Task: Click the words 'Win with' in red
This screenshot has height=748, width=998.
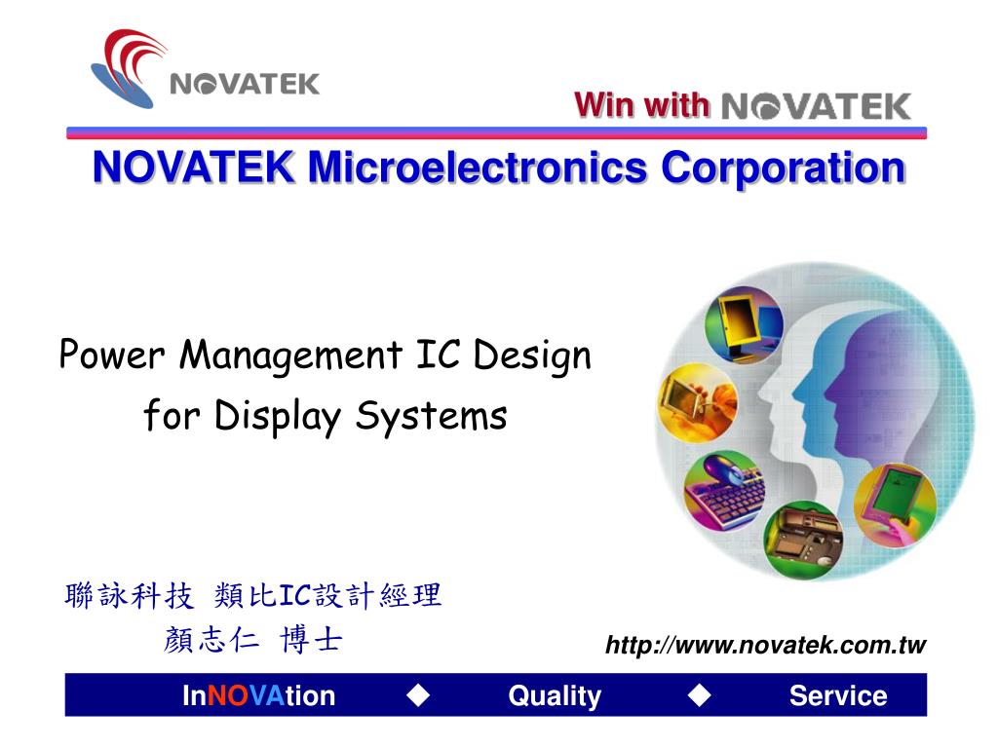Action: (641, 105)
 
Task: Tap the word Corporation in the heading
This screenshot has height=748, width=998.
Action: (783, 168)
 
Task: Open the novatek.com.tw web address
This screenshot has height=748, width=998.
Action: (765, 645)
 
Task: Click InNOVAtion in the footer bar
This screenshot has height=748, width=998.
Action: (258, 695)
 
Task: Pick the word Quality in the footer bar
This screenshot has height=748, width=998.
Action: (555, 695)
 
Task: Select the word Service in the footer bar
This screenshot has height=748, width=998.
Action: (838, 695)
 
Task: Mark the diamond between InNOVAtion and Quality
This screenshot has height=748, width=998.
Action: (419, 694)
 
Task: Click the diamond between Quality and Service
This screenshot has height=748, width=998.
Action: (699, 694)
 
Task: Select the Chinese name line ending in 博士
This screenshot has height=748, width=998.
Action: (253, 640)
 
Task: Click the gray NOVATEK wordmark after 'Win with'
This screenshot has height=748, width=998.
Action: (817, 106)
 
